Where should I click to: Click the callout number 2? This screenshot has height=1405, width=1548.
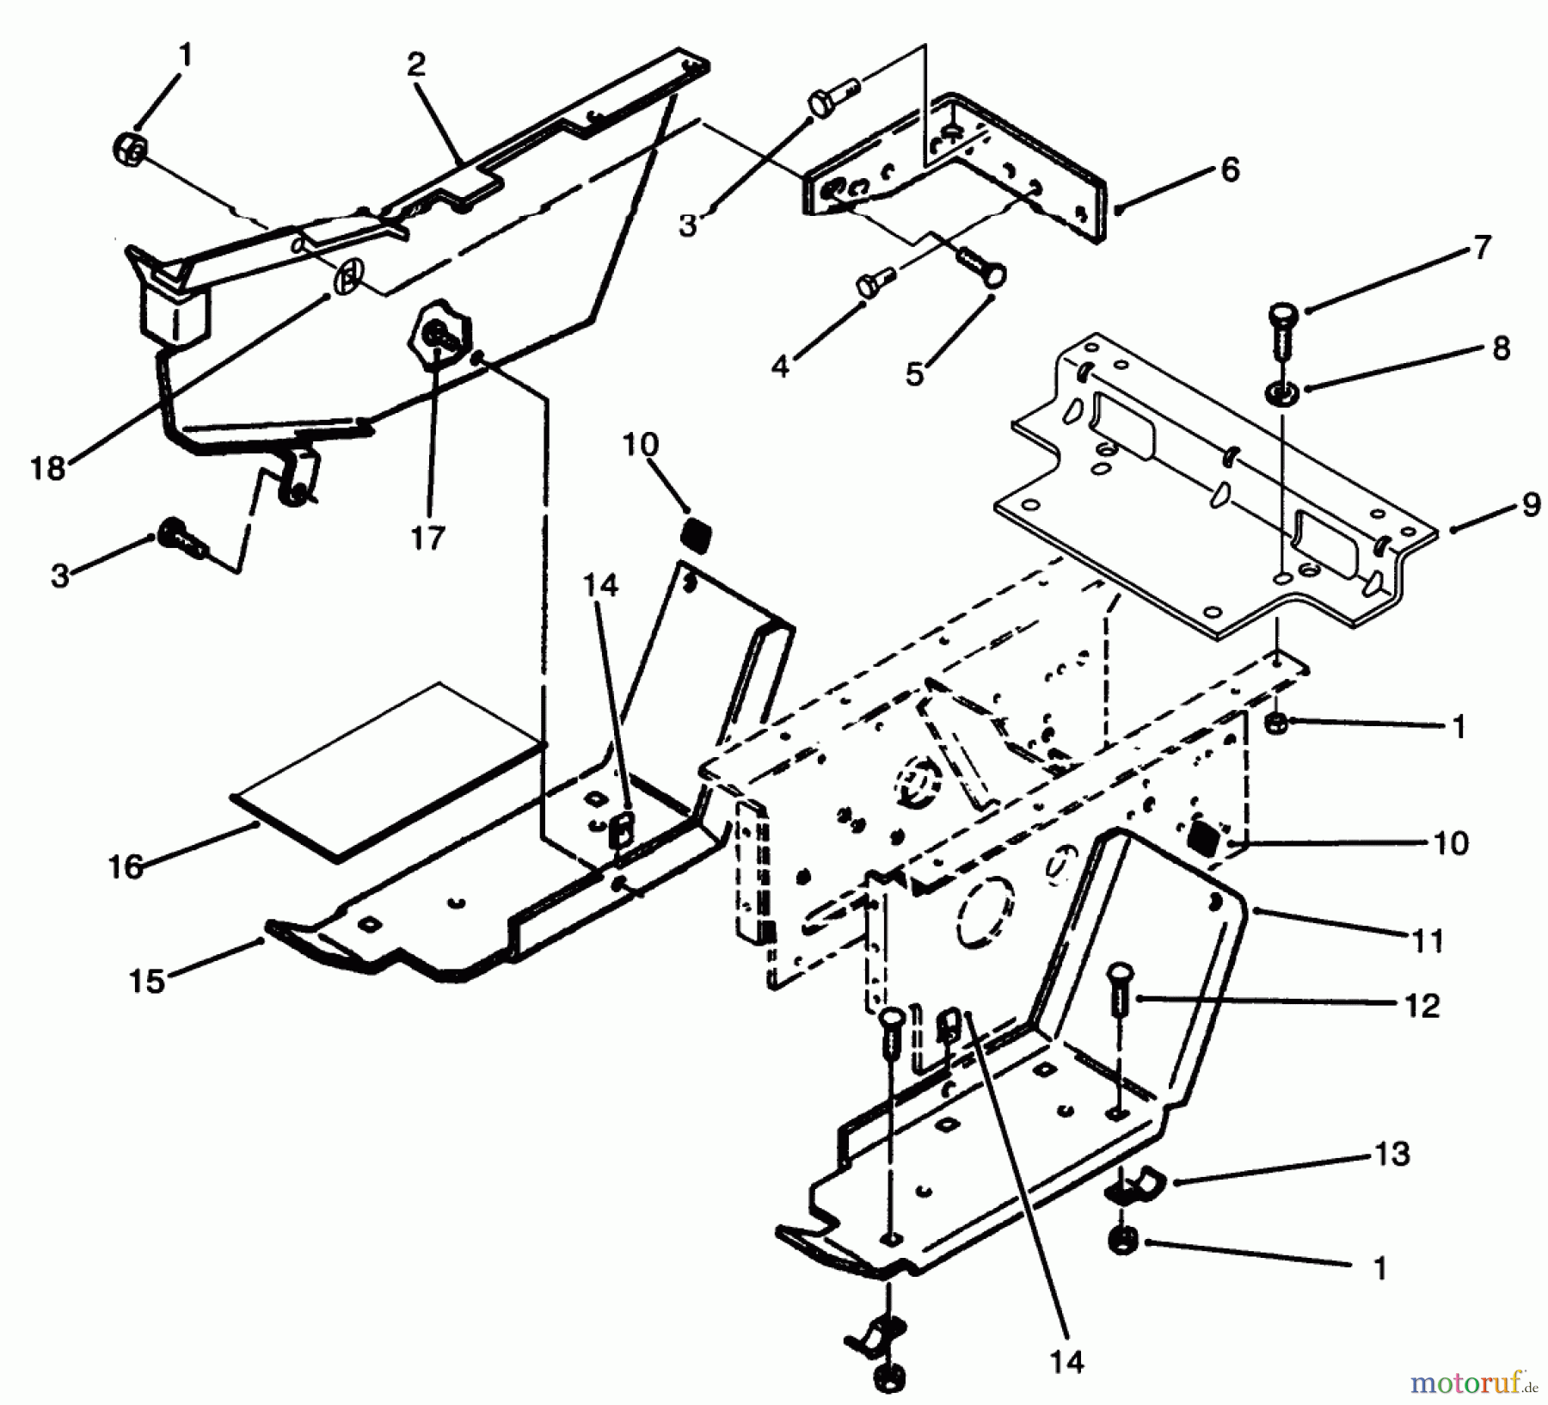pos(416,65)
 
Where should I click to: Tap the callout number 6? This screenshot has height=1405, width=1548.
pos(1231,170)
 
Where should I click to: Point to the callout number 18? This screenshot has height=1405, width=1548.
pos(48,469)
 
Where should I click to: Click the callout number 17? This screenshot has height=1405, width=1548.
pos(427,539)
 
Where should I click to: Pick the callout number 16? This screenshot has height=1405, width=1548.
pos(126,866)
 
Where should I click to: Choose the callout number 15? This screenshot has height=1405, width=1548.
pos(147,980)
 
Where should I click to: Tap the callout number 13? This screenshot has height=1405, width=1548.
pos(1392,1153)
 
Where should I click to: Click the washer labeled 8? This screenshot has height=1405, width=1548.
pos(1281,394)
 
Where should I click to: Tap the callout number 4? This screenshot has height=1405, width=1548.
pos(779,367)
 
